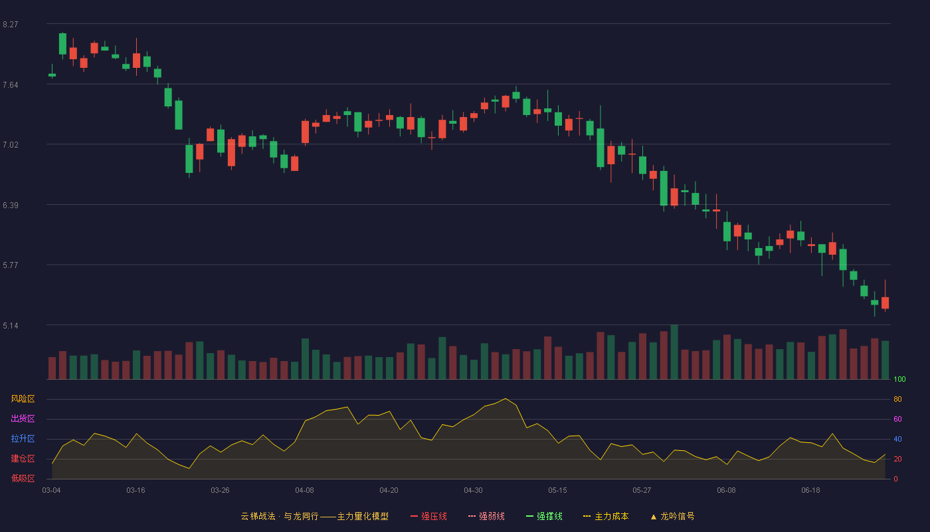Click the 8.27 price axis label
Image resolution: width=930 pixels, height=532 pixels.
[11, 25]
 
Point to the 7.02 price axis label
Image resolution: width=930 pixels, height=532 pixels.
[11, 145]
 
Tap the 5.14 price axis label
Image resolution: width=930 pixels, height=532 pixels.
[11, 325]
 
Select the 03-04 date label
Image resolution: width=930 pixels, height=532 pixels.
[52, 491]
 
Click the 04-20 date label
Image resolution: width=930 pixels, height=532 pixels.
[389, 491]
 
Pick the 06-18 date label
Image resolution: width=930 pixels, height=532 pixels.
[810, 491]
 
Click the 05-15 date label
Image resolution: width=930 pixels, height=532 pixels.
[557, 491]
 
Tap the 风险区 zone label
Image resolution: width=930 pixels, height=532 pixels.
[23, 398]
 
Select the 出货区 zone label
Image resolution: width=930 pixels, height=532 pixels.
[23, 418]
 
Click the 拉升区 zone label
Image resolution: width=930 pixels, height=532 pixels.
[23, 438]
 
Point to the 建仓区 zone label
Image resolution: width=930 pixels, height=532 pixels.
[23, 458]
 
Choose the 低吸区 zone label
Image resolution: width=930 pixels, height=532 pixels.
[23, 478]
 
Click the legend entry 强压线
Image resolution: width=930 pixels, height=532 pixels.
[428, 516]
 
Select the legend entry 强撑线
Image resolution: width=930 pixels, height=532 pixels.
[544, 516]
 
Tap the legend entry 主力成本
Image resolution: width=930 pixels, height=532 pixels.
[606, 516]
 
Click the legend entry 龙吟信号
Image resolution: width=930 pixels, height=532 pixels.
[672, 516]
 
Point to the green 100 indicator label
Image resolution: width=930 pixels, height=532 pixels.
[899, 379]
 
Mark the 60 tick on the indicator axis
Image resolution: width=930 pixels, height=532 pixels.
[897, 419]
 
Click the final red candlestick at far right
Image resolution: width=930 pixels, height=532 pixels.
[885, 303]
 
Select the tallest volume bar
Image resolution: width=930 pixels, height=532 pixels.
[675, 352]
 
